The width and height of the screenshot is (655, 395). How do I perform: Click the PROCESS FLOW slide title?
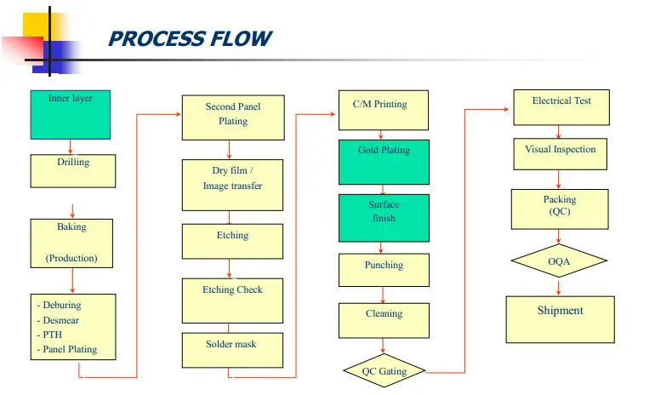189,39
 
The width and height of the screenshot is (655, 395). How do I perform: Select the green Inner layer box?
71,114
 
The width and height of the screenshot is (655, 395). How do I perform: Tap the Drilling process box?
72,170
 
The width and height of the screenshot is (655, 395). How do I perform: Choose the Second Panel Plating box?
232,117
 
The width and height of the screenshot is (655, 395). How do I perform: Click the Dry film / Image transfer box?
232,185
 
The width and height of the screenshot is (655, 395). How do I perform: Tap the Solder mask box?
232,350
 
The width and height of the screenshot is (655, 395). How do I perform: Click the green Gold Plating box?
384,162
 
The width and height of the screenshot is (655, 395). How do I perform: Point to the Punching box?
384,270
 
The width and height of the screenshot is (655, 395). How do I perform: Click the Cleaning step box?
384,320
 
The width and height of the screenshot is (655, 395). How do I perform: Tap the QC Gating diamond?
384,371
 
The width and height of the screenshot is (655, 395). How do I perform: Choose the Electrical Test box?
561,107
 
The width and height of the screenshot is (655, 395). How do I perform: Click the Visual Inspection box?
560,154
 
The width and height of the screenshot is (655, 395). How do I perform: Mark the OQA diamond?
559,261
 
